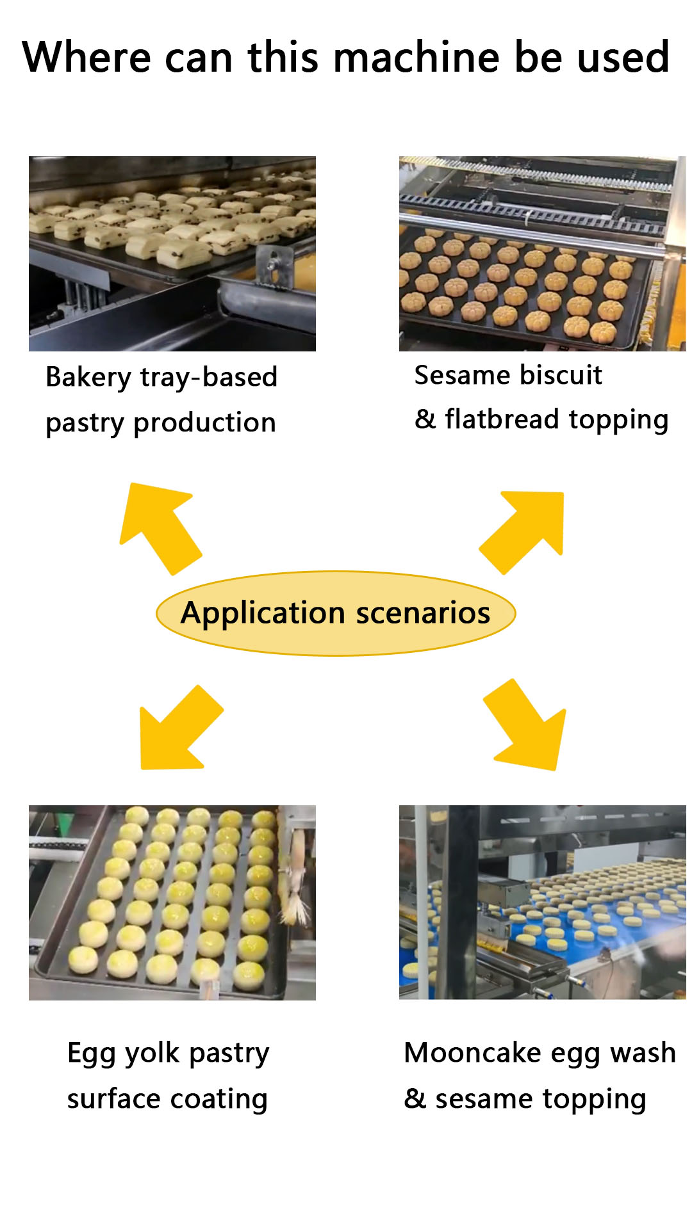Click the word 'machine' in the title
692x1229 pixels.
416,58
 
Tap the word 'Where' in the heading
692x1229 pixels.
86,58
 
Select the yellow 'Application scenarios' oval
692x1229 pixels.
336,613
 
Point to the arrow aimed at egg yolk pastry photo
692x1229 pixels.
179,730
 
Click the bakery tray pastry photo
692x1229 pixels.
172,253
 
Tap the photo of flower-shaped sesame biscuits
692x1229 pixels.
542,253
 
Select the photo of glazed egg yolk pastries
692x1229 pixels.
172,903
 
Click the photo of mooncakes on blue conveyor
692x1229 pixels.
542,903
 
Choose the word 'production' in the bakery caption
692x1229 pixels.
204,423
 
